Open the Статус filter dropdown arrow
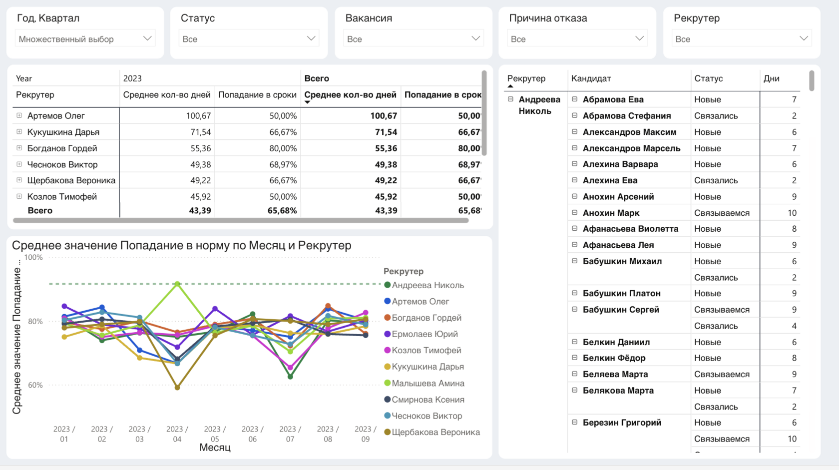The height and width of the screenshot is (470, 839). pyautogui.click(x=311, y=38)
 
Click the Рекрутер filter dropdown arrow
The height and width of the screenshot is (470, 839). pyautogui.click(x=803, y=38)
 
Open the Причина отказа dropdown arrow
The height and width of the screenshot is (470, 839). pyautogui.click(x=639, y=38)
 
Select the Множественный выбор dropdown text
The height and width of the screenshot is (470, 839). pyautogui.click(x=66, y=39)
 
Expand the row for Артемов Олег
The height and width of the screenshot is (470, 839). pyautogui.click(x=19, y=115)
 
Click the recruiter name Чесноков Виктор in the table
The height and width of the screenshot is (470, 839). pyautogui.click(x=62, y=164)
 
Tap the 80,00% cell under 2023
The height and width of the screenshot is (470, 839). pyautogui.click(x=283, y=148)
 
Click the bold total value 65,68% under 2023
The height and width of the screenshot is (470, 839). pyautogui.click(x=282, y=210)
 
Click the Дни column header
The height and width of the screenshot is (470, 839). pyautogui.click(x=771, y=78)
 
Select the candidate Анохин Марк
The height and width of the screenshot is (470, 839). pyautogui.click(x=611, y=213)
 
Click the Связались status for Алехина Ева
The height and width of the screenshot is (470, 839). pyautogui.click(x=716, y=180)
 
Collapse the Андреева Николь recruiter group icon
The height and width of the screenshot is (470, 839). pyautogui.click(x=510, y=99)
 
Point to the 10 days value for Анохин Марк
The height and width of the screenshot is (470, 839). pyautogui.click(x=792, y=213)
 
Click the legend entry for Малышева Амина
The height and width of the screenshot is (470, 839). pyautogui.click(x=427, y=383)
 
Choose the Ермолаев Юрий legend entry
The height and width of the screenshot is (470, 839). pyautogui.click(x=424, y=334)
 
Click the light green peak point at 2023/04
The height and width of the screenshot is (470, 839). pyautogui.click(x=177, y=284)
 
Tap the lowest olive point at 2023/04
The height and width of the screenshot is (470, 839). pyautogui.click(x=177, y=387)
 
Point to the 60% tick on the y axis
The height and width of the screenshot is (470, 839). pyautogui.click(x=35, y=385)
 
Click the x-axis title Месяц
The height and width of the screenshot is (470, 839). pyautogui.click(x=215, y=448)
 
